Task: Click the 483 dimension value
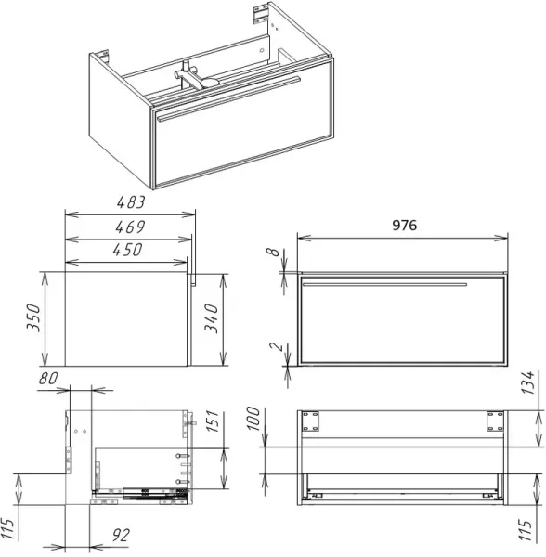131,201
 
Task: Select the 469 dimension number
130,227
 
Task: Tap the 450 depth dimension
127,250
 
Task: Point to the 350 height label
33,317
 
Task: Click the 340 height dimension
211,318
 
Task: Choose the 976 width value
404,226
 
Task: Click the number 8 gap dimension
273,252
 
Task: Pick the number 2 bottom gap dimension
277,346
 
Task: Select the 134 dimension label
527,382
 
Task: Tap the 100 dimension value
253,419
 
